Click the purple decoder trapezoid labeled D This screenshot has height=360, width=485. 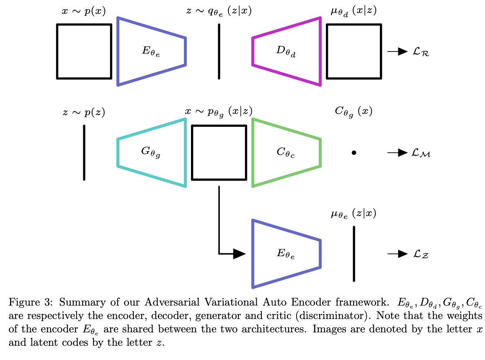point(286,51)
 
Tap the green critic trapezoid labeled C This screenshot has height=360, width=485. point(286,153)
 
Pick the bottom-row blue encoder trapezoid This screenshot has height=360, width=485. point(286,254)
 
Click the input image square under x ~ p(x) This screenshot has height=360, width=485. point(84,51)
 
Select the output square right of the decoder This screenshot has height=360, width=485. point(354,51)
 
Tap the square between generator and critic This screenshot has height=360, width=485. point(219,153)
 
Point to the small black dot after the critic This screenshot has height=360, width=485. point(354,153)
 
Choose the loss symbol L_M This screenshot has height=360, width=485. point(421,154)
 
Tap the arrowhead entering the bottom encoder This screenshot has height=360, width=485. point(239,254)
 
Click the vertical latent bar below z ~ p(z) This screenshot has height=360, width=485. point(84,153)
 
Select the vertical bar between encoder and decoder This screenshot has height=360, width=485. point(219,51)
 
